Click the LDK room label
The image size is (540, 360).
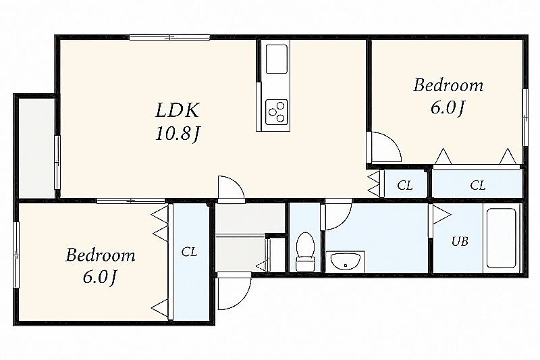(178, 110)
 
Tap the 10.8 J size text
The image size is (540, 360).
(177, 133)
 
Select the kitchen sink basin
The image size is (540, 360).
(277, 59)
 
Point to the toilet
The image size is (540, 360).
(305, 251)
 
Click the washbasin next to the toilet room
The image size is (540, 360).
(345, 263)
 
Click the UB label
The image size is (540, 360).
(460, 242)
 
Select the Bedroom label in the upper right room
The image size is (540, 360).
(448, 85)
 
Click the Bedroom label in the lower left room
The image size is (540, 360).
(100, 255)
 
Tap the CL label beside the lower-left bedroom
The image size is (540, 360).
(189, 252)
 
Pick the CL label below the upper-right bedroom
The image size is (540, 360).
(478, 185)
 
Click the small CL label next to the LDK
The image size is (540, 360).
(404, 185)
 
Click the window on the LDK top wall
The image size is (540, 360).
(170, 37)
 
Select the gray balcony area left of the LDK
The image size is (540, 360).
(36, 148)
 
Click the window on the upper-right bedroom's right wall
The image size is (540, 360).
(525, 117)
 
